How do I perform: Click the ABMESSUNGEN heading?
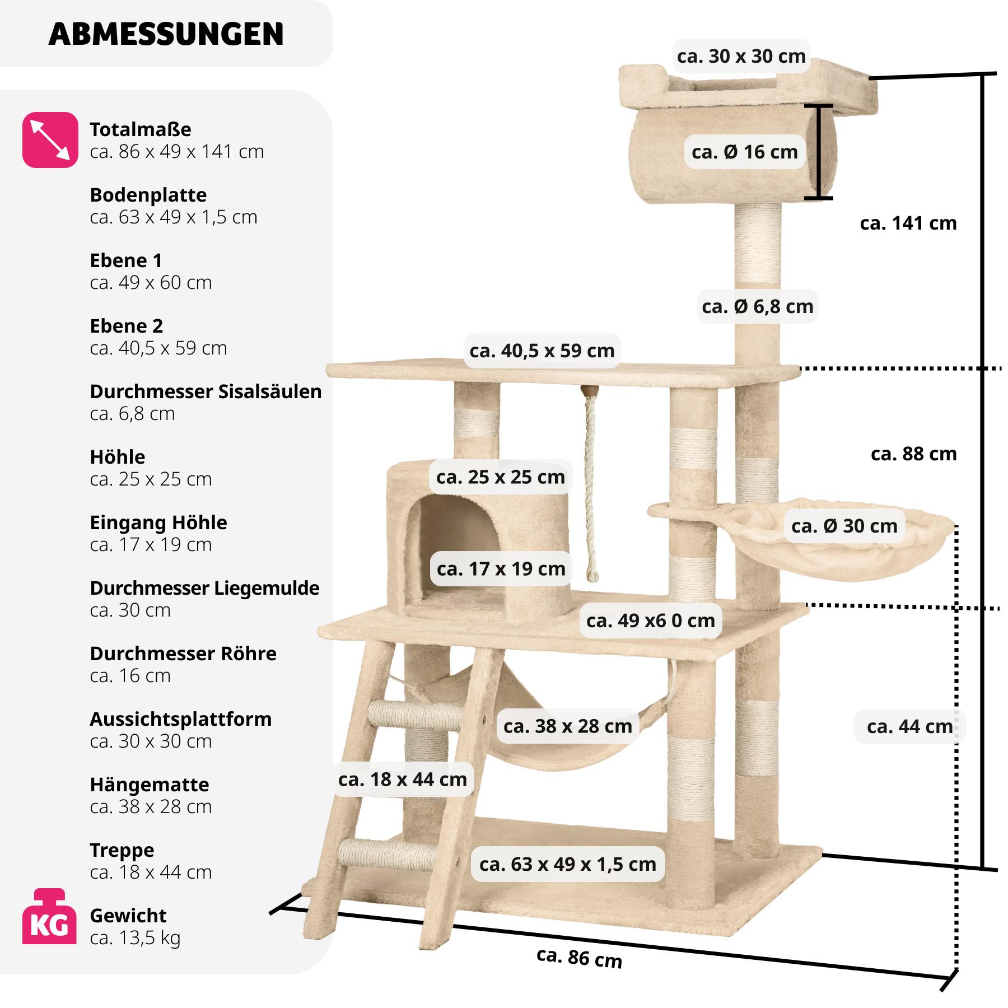point(166,34)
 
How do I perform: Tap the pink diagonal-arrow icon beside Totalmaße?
point(50,140)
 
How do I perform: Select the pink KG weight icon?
point(49,916)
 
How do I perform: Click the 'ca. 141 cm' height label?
point(908,223)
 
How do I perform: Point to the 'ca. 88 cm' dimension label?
point(913,454)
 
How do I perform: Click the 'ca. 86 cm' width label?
point(579,957)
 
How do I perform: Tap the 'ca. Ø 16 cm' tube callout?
point(744,152)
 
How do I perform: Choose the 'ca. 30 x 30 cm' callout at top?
point(741,56)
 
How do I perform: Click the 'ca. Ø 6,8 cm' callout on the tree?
point(757,306)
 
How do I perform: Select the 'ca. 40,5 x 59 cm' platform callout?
point(542,351)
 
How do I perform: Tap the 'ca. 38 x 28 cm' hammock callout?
point(567,726)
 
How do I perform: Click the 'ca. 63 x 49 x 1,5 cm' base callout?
point(567,864)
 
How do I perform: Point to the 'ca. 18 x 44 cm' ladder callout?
point(402,779)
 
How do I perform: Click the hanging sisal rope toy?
point(590,487)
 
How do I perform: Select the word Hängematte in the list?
point(149,785)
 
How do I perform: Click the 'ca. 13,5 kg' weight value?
point(135,937)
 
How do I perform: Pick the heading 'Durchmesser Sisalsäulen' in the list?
point(206,391)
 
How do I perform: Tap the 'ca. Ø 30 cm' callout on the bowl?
point(844,526)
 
